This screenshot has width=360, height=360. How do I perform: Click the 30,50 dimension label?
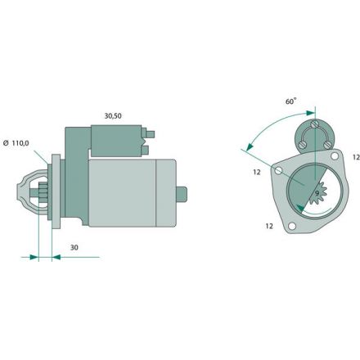(x=113, y=116)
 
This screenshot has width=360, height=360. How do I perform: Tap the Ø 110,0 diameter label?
(x=16, y=143)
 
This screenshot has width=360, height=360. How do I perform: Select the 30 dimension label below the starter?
(x=74, y=247)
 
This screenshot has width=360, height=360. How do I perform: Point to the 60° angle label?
(x=290, y=101)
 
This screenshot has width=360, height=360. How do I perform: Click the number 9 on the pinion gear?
(x=317, y=193)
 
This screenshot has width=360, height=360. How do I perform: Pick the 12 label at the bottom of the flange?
(x=269, y=226)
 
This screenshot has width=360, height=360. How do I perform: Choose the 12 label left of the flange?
(x=257, y=172)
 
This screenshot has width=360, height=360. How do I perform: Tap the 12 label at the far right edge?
(x=356, y=157)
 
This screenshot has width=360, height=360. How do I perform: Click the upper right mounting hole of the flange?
(x=335, y=156)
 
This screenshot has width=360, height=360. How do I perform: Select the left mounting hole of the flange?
(x=278, y=171)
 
